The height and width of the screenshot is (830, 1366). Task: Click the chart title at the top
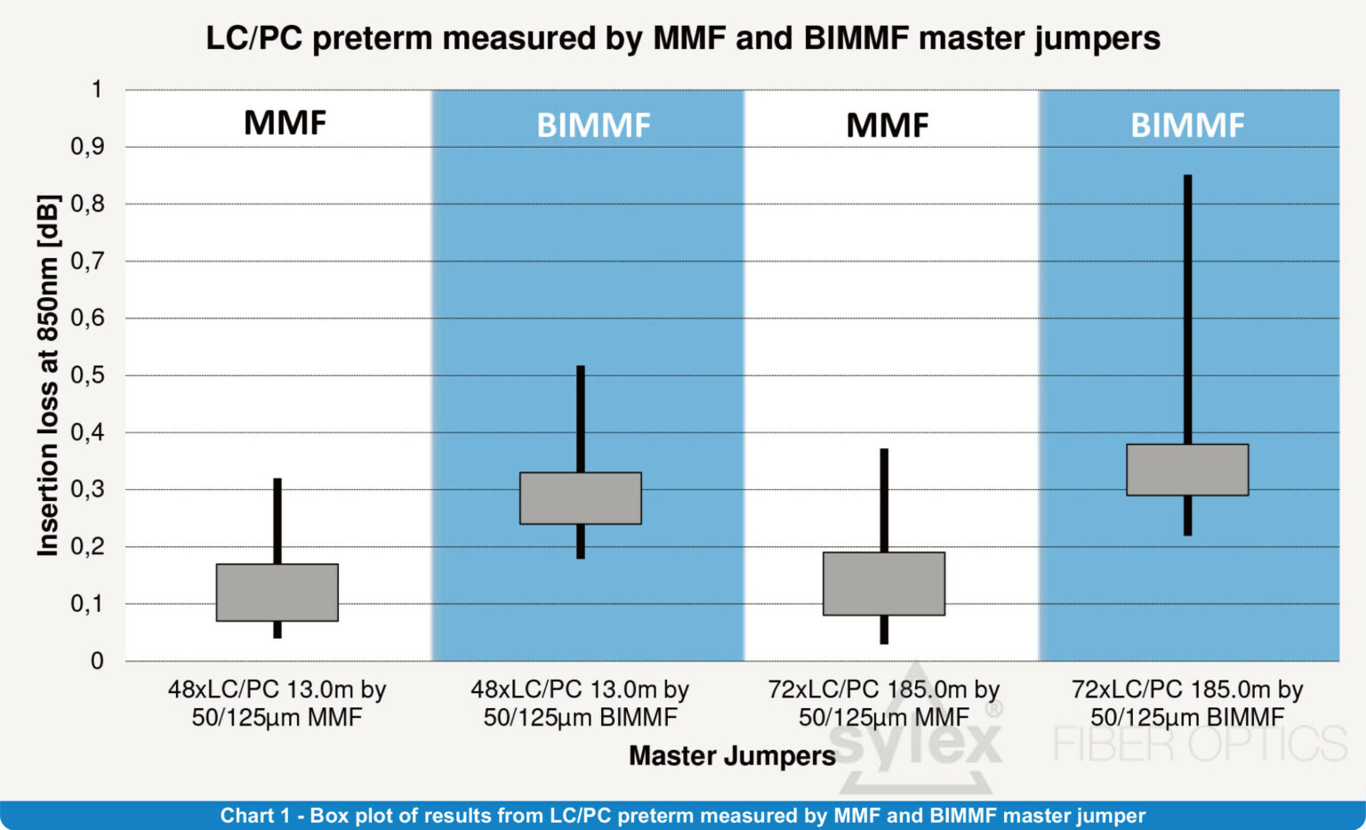682,38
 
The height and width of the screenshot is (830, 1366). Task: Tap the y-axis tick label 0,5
86,375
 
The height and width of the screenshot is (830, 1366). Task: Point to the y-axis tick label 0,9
86,147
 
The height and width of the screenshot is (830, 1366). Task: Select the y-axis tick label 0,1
86,604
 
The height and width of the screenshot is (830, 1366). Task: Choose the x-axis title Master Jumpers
732,756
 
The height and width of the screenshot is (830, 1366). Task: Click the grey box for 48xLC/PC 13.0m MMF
277,592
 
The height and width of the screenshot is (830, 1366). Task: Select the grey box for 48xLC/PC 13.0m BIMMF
580,498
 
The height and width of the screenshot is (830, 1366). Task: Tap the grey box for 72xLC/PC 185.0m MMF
883,584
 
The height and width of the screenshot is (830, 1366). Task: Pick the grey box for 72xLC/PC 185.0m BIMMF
1186,470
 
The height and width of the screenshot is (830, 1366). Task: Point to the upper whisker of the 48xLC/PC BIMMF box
580,418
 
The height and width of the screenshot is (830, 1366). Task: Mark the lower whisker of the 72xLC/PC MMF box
884,630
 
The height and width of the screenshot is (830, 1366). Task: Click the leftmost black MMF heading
285,123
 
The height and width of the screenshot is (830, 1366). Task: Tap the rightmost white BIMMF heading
1186,125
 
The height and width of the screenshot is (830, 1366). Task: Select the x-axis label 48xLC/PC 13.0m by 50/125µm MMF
277,703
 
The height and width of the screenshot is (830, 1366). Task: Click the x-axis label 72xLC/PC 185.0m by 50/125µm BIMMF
1186,703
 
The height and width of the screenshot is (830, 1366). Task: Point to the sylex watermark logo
916,738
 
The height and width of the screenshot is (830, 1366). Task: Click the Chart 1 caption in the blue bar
682,816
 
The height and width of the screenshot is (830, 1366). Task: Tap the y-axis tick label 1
96,90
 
